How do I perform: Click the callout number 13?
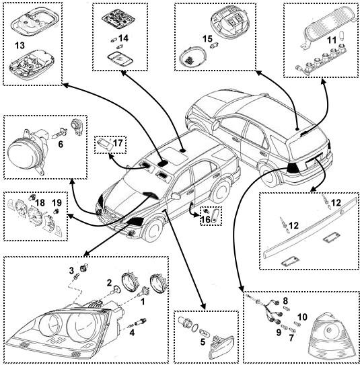(20, 45)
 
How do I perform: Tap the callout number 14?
(124, 38)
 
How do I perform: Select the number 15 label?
(207, 39)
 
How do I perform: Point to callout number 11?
(332, 40)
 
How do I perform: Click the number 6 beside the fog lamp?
(61, 145)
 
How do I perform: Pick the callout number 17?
(118, 143)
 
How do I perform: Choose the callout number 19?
(57, 203)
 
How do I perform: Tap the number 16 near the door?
(206, 220)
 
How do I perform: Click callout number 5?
(203, 342)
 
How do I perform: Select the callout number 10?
(302, 317)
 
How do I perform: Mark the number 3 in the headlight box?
(71, 270)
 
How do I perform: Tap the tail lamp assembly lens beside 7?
(332, 337)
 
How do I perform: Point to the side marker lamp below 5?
(221, 348)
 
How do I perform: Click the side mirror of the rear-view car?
(216, 124)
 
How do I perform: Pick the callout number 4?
(132, 333)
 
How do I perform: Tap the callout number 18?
(40, 203)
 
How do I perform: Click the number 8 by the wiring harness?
(285, 301)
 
